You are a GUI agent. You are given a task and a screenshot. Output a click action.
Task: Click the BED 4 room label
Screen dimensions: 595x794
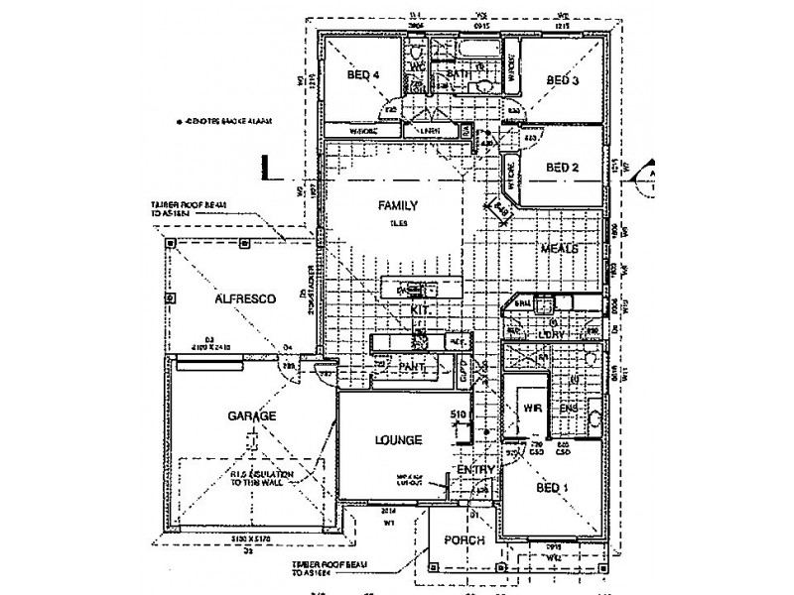(363, 75)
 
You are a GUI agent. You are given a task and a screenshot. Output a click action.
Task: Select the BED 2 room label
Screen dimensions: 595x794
(563, 168)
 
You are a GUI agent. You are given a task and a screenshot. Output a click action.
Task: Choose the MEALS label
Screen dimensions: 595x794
(559, 250)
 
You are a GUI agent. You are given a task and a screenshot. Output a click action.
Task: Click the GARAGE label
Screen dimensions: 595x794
(252, 416)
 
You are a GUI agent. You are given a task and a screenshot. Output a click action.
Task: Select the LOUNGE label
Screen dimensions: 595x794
(399, 439)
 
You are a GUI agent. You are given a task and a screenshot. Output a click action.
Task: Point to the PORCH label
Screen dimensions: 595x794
(463, 540)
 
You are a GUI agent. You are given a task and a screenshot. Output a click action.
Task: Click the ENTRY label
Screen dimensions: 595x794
(475, 469)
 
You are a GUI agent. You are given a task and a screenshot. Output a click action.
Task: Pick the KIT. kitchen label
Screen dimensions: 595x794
(419, 311)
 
